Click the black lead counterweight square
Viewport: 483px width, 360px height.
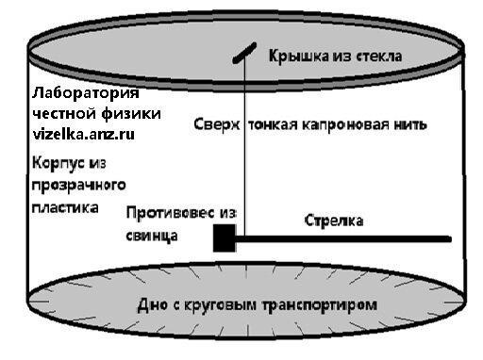pos(224,240)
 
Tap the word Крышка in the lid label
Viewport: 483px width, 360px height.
pos(295,56)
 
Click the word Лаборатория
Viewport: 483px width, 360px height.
pos(85,94)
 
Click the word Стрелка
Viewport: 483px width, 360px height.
pos(335,221)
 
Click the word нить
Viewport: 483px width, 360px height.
pos(412,124)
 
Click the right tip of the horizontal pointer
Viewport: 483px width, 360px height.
pos(448,239)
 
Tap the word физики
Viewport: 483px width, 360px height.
pos(133,113)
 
